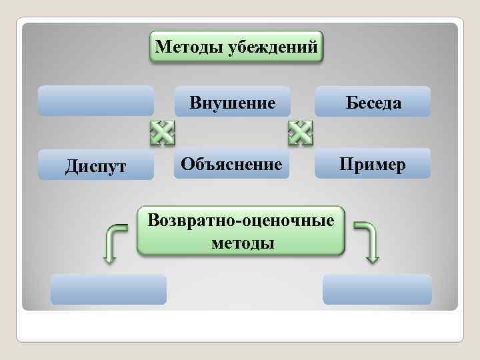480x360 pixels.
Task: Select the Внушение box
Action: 232,102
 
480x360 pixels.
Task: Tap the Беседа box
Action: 373,102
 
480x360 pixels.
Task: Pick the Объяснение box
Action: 232,163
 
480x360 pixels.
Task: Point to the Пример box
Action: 373,163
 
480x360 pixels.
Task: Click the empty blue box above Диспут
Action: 96,101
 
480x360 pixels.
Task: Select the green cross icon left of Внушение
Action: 162,133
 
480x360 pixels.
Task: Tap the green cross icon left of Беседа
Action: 301,133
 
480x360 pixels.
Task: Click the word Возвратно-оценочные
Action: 241,220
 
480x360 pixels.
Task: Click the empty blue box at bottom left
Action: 109,289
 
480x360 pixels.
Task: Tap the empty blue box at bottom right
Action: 377,289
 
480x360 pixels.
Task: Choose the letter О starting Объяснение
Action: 187,163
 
